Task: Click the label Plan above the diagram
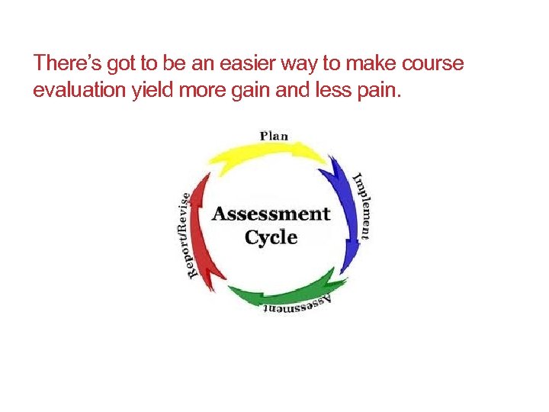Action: click(274, 136)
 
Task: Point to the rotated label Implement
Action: click(364, 204)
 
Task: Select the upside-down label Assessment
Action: click(297, 305)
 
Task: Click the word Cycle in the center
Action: click(271, 237)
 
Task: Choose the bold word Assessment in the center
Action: click(271, 214)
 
